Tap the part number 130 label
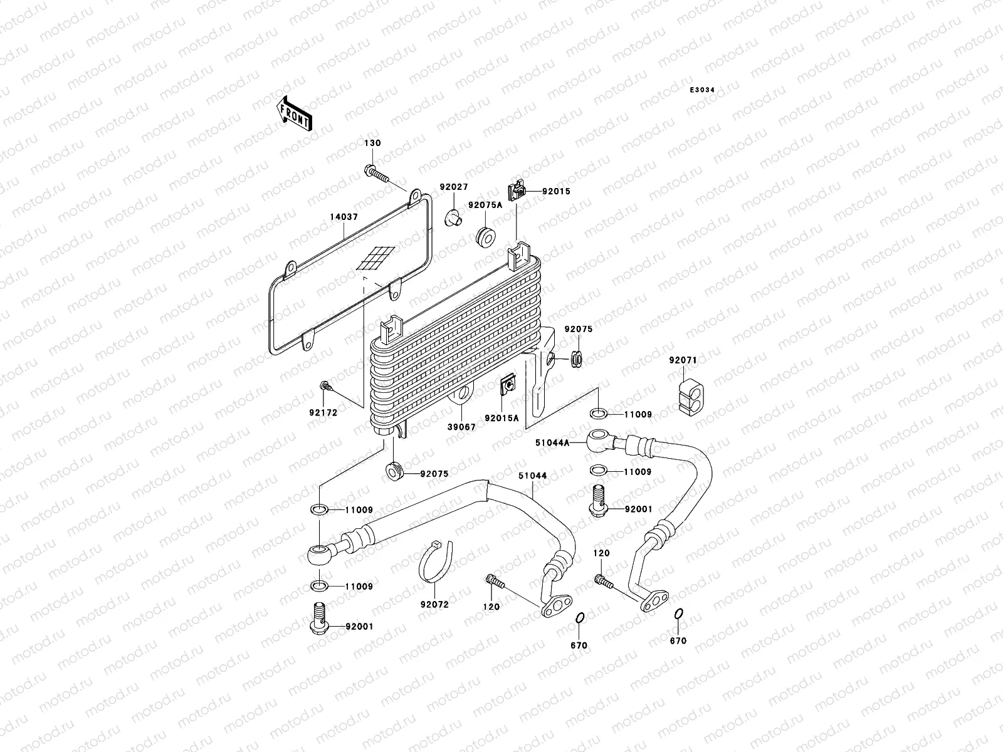[x=372, y=144]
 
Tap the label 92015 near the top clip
[x=556, y=191]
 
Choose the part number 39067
[x=461, y=427]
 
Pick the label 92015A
[x=501, y=418]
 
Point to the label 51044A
[x=552, y=442]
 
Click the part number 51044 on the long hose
[x=532, y=476]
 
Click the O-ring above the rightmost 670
[x=678, y=614]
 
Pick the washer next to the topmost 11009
[x=598, y=414]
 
